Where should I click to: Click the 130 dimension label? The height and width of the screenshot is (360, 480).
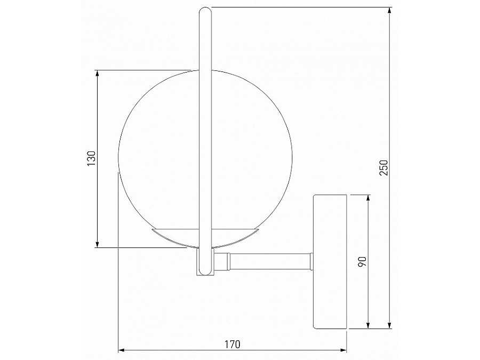91,158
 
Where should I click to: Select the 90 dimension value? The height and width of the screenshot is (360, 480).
361,262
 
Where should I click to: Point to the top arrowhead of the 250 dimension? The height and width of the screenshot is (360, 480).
390,11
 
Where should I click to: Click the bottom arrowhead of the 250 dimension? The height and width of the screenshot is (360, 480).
390,325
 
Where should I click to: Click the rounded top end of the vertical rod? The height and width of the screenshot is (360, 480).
205,9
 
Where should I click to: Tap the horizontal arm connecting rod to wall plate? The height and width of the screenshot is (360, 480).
269,261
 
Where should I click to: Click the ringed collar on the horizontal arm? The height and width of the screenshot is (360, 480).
222,261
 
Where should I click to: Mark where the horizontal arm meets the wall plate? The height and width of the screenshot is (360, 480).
312,261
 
